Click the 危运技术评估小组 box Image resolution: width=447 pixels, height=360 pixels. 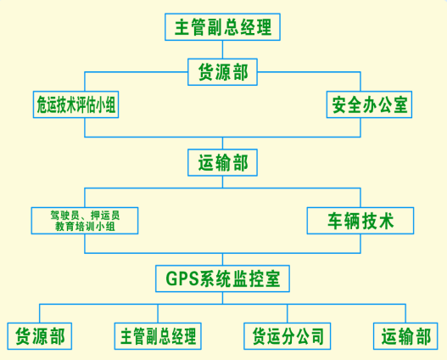coord(75,104)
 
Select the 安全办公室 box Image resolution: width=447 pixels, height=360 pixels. coord(369,104)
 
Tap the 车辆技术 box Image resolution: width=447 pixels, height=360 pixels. coord(360,221)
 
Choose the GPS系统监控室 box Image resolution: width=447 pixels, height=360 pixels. coord(222,278)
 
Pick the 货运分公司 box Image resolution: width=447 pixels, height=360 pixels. coord(287,336)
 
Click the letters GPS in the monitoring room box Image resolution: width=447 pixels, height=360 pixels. coord(182,278)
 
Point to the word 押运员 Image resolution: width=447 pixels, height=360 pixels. coord(105,216)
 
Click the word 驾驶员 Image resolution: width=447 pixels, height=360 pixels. coord(64,216)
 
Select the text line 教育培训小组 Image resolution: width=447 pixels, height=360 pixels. coord(85,227)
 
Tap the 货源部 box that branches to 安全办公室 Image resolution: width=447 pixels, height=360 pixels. coord(222,72)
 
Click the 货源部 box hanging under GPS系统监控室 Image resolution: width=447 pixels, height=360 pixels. coord(40,336)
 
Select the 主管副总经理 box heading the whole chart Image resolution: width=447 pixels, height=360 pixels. coord(222,27)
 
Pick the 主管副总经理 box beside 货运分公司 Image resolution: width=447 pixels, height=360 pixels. coord(158,336)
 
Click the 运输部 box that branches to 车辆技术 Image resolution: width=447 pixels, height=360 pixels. coord(222,162)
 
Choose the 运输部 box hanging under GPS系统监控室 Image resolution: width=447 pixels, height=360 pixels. coord(405,336)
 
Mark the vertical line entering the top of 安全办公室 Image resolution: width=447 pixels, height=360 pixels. coord(360,82)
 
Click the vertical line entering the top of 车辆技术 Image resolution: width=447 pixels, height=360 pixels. coord(360,198)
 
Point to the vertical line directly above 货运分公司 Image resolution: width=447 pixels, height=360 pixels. coord(287,313)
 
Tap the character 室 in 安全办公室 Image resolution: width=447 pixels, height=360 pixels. coord(400,104)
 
